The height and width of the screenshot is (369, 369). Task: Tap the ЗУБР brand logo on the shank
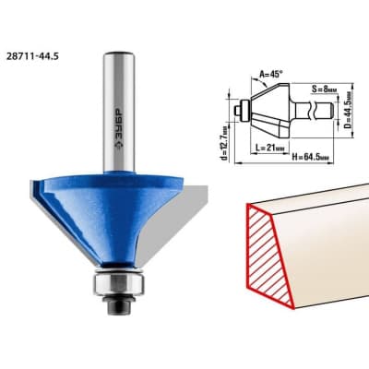coord(118,129)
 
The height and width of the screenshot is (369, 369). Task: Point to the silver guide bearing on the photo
coord(118,284)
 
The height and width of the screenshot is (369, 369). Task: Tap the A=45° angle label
coord(271,74)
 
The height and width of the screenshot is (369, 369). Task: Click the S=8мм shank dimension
coord(323,89)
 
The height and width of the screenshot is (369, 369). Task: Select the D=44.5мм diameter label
coord(348,110)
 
